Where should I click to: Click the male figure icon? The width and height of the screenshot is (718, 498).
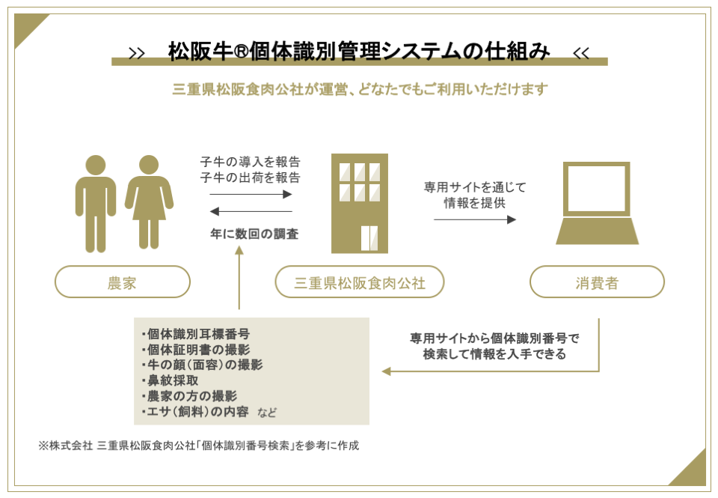coord(96,204)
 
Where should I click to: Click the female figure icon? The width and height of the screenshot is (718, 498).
coord(149,202)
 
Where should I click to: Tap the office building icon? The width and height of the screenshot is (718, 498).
coord(360,203)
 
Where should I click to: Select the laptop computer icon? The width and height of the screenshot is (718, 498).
coord(597,203)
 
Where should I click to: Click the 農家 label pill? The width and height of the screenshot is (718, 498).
coord(122,282)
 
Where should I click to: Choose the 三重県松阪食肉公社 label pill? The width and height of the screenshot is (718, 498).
coord(360,282)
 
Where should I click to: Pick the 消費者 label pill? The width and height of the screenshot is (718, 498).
coord(597,282)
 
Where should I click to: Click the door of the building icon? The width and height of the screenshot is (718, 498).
coord(369,238)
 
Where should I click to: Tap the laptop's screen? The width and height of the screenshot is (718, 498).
coord(597,189)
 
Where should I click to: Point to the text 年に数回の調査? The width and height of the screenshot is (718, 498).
coord(254,234)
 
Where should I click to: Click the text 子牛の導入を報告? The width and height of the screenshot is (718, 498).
coord(250,162)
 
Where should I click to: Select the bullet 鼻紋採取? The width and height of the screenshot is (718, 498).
coord(171,380)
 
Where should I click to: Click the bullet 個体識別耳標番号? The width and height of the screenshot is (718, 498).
coord(195,334)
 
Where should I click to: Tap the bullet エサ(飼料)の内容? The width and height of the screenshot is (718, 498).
coord(195,411)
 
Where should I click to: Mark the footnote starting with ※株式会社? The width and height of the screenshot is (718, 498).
coord(199,446)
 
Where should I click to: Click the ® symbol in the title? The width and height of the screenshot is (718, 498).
coord(242,52)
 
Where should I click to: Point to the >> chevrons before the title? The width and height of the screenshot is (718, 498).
coord(136,54)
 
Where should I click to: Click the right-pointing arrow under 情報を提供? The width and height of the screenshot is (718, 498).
coord(475,219)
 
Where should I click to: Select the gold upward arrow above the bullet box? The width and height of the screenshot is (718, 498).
coord(239,277)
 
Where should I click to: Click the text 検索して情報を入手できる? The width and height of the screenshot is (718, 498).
coord(494,354)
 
